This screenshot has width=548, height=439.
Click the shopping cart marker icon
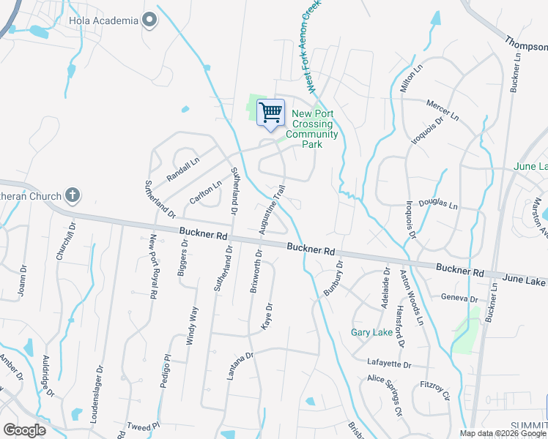270,113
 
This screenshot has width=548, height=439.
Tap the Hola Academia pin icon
149,20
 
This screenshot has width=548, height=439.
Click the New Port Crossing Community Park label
312,129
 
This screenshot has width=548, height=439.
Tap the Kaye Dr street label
268,316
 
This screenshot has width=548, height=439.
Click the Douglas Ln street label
437,206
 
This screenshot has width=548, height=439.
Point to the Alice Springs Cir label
385,395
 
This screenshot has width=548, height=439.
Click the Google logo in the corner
24,430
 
